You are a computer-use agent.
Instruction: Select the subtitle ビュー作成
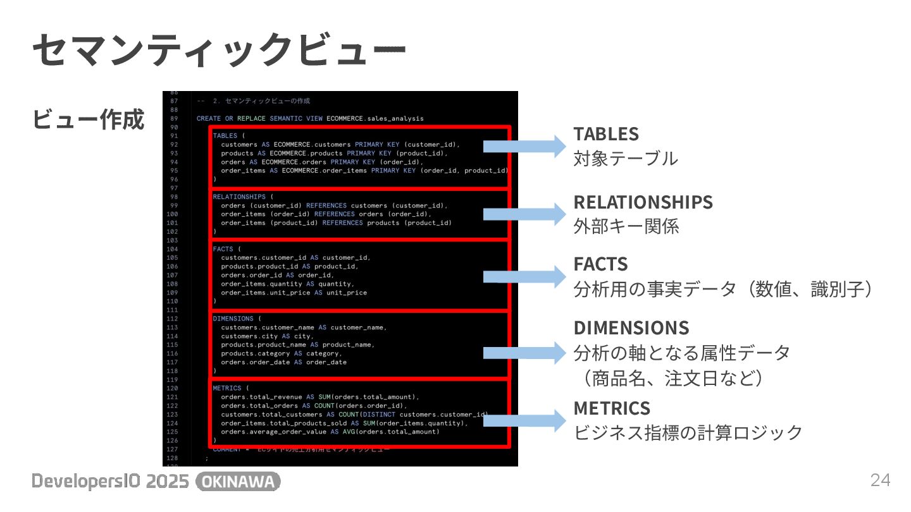tap(88, 119)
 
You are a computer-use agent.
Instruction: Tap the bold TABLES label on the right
tap(606, 134)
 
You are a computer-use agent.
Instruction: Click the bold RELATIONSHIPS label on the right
tap(643, 202)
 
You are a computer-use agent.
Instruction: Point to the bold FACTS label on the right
tap(600, 264)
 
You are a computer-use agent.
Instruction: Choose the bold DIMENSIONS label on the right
tap(631, 327)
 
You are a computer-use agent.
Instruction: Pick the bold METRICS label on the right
tap(612, 408)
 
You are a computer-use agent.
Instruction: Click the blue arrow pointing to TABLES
tap(524, 146)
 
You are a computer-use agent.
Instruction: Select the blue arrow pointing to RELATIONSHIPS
tap(524, 214)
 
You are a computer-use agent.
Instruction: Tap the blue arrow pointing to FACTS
tap(524, 276)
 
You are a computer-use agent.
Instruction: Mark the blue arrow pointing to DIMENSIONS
tap(524, 353)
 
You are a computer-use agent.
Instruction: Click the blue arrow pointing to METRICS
tap(524, 420)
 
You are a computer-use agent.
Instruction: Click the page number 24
tap(880, 480)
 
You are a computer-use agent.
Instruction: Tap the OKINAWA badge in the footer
tap(238, 482)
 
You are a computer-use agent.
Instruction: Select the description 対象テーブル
tap(625, 159)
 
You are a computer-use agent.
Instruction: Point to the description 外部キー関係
tap(626, 227)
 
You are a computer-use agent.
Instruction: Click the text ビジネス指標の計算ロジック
tap(688, 433)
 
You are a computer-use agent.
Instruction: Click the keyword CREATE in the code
tap(209, 118)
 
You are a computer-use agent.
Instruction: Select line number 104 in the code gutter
tap(173, 249)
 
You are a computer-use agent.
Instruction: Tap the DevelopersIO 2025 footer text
tap(111, 482)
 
